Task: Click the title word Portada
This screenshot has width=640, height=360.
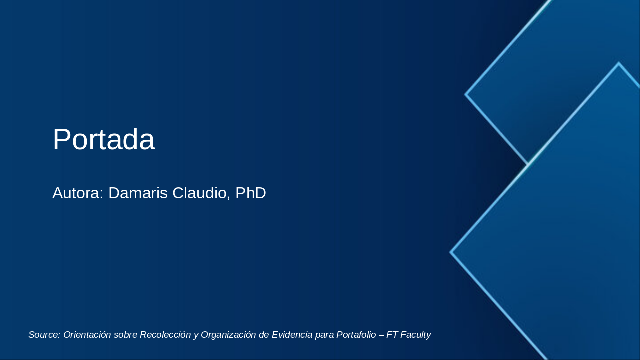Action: coord(103,139)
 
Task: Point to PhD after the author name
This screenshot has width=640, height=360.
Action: coord(250,193)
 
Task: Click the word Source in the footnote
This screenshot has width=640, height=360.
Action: coord(44,335)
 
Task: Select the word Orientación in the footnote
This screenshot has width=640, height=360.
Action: coord(87,335)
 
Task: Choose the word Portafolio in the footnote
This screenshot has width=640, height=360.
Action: coord(356,335)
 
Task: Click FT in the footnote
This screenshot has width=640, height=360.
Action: coord(392,335)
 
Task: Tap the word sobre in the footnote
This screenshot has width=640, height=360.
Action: coord(125,335)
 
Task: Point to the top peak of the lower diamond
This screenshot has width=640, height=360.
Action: coord(619,63)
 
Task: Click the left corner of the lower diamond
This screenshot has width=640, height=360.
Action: coord(451,252)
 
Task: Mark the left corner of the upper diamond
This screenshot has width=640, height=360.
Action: coord(466,94)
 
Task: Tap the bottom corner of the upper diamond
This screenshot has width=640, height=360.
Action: coord(528,163)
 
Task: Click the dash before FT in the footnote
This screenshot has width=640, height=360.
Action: coord(382,335)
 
